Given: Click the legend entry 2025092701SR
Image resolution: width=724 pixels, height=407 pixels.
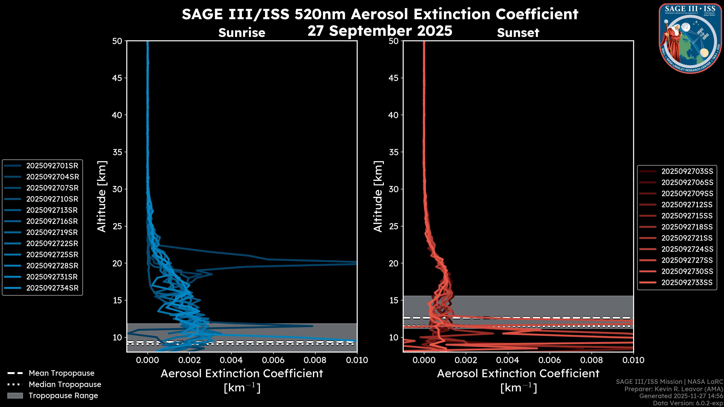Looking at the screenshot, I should click(x=52, y=166).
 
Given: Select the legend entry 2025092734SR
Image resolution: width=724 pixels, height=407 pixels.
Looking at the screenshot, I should click(x=52, y=288).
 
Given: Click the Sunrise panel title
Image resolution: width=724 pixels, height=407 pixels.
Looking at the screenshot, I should click(x=242, y=33).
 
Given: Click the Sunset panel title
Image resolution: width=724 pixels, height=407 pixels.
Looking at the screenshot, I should click(x=518, y=33).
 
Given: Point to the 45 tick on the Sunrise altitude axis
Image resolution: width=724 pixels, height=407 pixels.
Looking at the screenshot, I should click(x=117, y=78).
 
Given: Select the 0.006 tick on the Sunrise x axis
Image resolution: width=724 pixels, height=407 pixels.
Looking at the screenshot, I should click(x=273, y=360).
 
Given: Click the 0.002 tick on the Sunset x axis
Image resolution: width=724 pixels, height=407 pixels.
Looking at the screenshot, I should click(x=466, y=360).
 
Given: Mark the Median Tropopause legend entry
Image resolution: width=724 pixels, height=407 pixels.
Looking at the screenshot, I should click(x=65, y=384).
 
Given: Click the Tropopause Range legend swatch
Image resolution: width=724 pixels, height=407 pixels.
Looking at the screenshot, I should click(x=15, y=396).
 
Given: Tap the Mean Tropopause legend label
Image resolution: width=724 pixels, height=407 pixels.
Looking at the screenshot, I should click(x=61, y=373).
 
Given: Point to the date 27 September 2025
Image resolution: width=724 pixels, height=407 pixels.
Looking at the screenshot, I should click(x=380, y=31).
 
